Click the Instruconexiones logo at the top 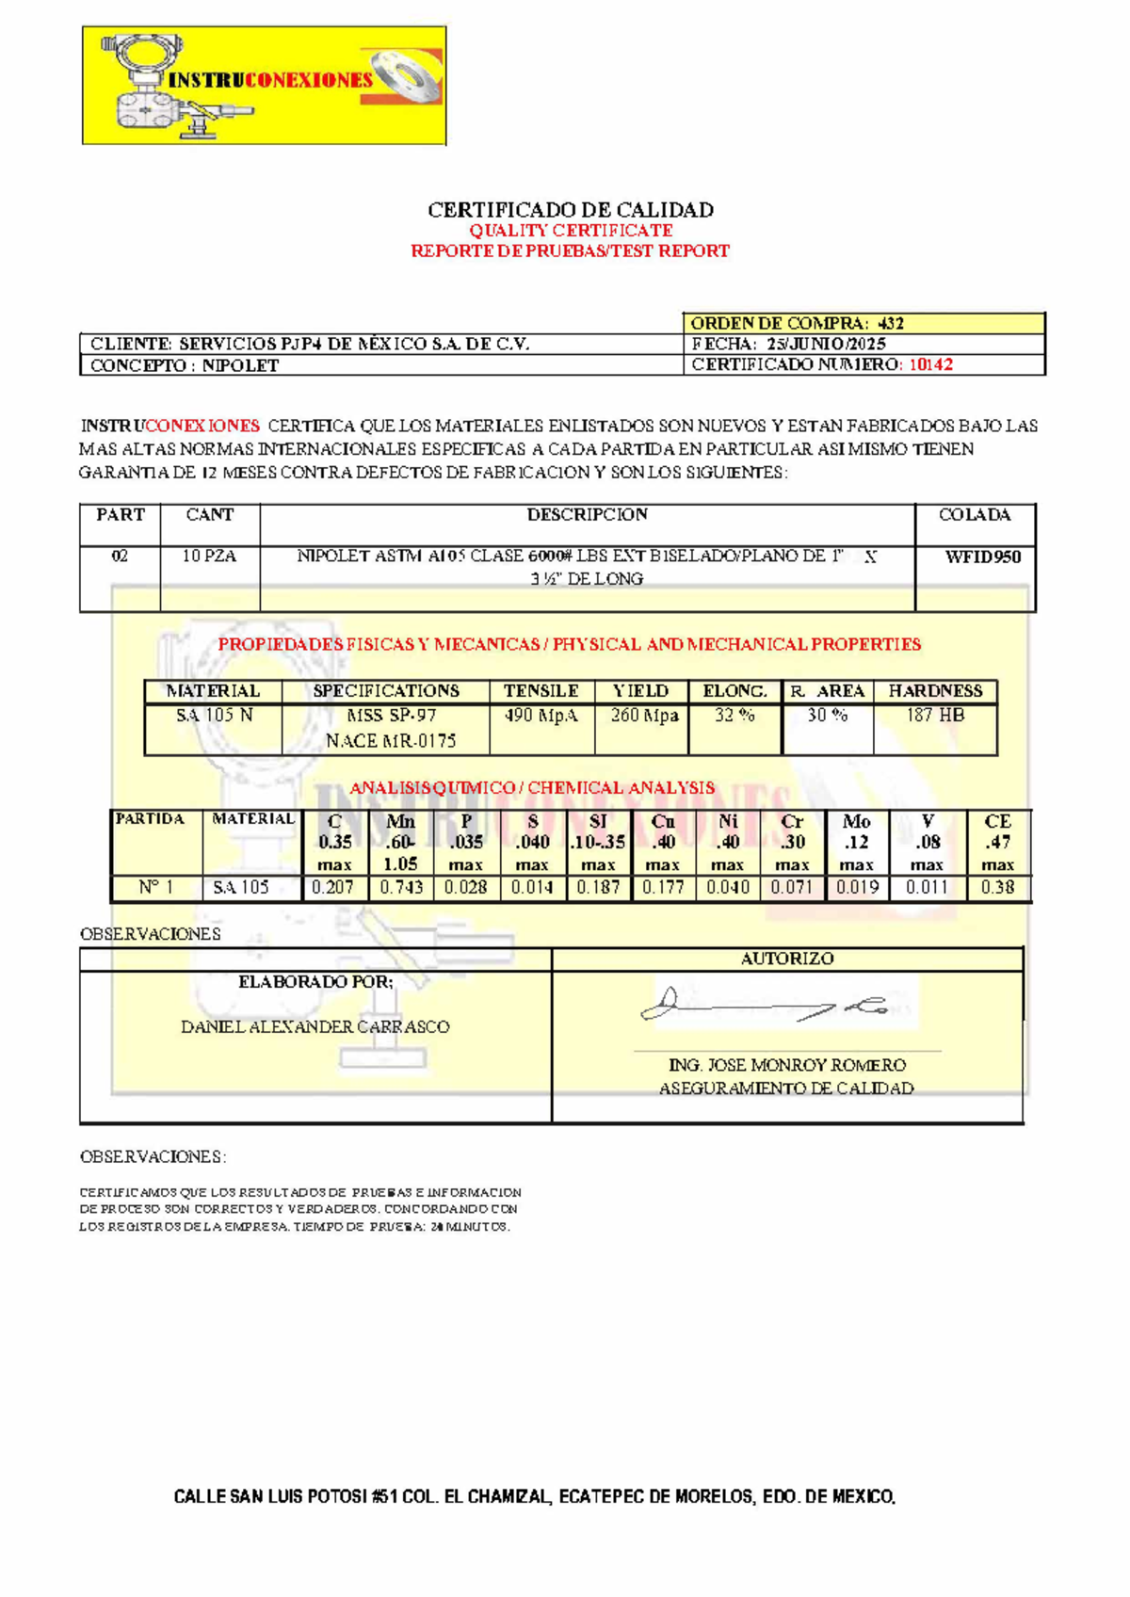[x=264, y=86]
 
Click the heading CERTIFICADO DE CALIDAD [x=571, y=210]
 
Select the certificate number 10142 [x=930, y=364]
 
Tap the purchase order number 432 [x=890, y=323]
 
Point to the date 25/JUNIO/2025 [x=826, y=344]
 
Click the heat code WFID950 [x=982, y=557]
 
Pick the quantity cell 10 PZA [x=209, y=557]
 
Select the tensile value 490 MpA [x=541, y=716]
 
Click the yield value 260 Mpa [x=644, y=716]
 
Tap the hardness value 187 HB [x=934, y=716]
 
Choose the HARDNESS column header [x=934, y=691]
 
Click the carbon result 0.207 [x=332, y=887]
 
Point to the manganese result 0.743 [x=401, y=887]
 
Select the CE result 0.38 [x=997, y=887]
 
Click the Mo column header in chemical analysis [x=856, y=822]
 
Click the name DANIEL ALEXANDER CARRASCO [x=315, y=1027]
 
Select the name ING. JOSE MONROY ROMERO [x=786, y=1065]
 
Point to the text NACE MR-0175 [x=390, y=741]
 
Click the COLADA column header [x=974, y=515]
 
